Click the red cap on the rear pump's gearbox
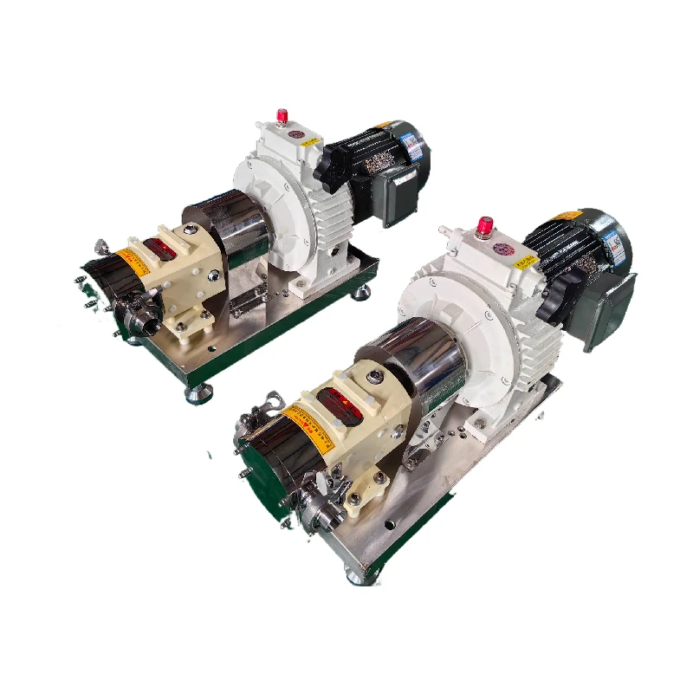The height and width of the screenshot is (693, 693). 281,115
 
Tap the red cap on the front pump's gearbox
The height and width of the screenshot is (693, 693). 484,227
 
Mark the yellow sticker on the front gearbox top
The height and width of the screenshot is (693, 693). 524,261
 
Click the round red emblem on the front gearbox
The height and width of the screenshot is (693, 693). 502,249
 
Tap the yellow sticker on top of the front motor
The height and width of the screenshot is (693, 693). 567,216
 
